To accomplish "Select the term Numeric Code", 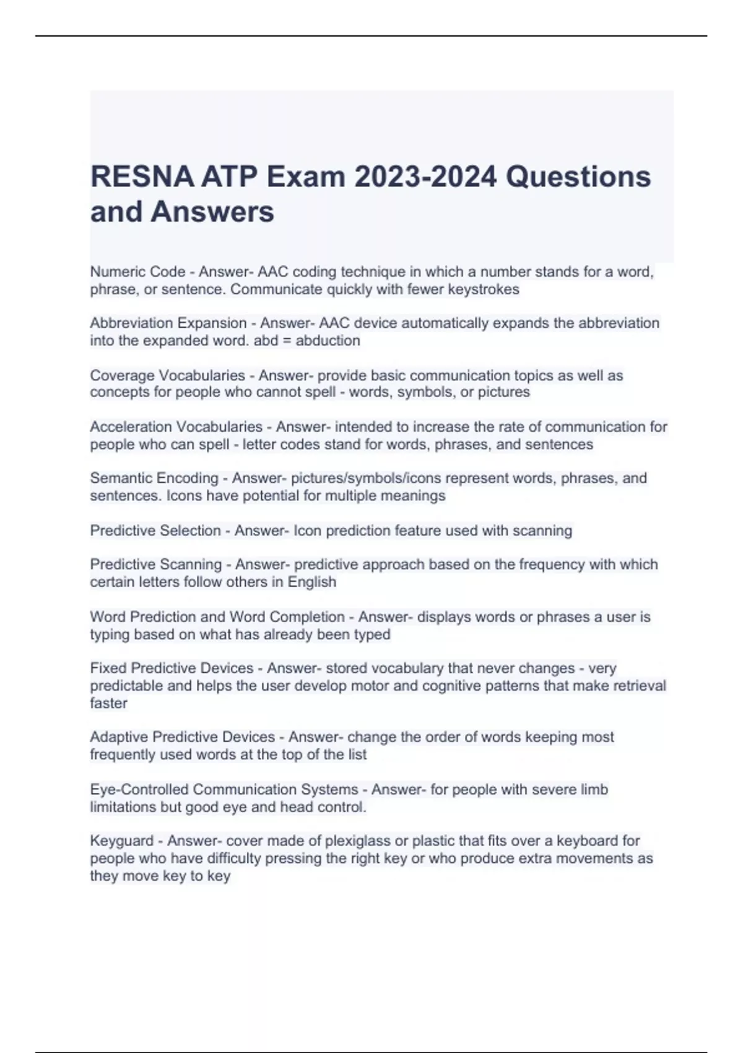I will point(137,272).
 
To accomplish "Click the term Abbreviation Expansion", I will point(168,323).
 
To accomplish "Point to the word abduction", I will point(328,341).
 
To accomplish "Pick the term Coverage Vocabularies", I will point(167,375).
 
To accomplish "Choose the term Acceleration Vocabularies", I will point(176,427).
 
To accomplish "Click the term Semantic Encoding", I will point(154,478).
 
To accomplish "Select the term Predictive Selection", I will point(155,531).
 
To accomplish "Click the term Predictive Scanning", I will point(155,564).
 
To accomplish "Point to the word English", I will point(311,582).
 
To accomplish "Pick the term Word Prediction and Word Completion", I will point(217,617).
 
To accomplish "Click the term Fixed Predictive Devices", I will point(172,668).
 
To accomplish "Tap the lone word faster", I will point(108,704).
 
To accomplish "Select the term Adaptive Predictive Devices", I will point(182,737).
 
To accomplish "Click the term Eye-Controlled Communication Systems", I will point(224,790).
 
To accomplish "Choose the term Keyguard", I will point(121,841).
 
